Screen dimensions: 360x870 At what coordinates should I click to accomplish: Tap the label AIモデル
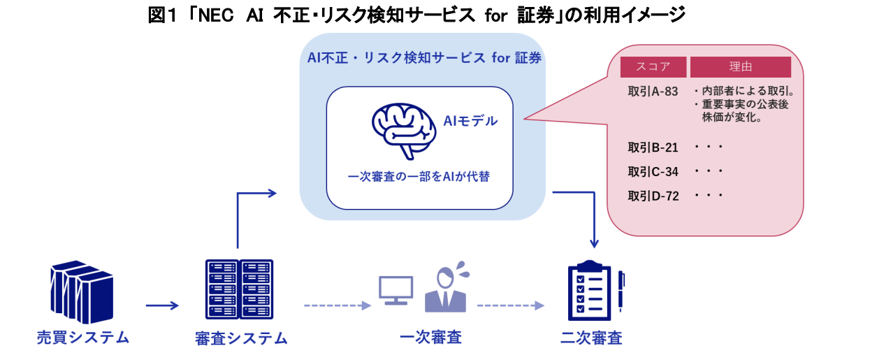(x=471, y=121)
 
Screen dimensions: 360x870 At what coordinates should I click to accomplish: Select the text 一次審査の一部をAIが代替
(x=419, y=177)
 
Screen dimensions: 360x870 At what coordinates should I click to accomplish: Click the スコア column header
(x=653, y=67)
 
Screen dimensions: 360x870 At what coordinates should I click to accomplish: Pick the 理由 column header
(x=740, y=67)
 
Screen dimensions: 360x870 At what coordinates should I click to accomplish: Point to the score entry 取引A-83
(x=653, y=92)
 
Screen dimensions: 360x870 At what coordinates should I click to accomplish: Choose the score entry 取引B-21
(x=653, y=147)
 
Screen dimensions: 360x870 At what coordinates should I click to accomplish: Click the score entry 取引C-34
(x=653, y=171)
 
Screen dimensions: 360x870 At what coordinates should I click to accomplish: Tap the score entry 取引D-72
(x=653, y=196)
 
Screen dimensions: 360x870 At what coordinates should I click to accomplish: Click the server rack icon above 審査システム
(x=239, y=289)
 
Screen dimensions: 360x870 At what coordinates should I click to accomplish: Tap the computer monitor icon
(x=396, y=290)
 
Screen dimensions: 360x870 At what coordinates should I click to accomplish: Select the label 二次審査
(x=591, y=338)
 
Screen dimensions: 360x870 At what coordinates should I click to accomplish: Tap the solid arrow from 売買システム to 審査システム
(x=162, y=305)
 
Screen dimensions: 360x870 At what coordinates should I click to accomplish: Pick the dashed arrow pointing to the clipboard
(x=510, y=305)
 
